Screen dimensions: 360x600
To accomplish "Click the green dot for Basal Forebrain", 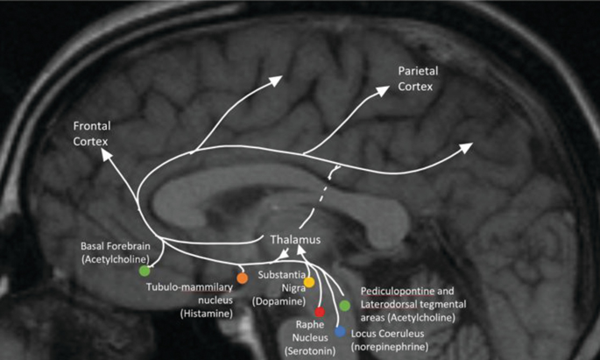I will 145,271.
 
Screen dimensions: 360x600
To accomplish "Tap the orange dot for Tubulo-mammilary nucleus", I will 243,278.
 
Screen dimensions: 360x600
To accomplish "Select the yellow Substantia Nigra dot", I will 309,282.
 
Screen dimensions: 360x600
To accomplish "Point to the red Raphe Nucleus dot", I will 320,311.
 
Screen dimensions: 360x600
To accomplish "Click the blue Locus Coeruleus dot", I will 340,331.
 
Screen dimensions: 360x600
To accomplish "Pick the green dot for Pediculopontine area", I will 345,305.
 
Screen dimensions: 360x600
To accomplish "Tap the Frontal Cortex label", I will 93,134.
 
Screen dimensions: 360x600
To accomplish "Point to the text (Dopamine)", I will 279,302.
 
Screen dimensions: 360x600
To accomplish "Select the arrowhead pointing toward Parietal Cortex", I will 385,90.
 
